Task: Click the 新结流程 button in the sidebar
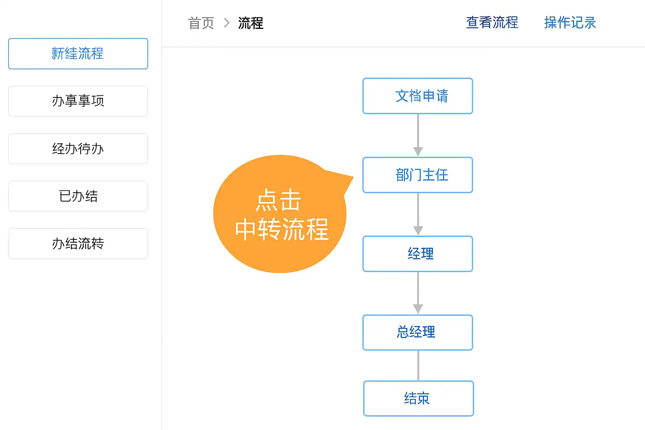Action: click(x=78, y=54)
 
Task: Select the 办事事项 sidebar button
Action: click(x=78, y=101)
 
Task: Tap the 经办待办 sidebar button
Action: click(x=78, y=149)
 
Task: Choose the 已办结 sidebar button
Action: click(x=78, y=196)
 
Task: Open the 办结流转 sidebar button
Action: click(x=78, y=244)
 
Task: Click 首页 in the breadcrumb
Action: click(x=201, y=23)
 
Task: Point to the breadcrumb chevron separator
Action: click(x=227, y=23)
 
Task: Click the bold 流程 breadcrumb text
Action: click(x=251, y=23)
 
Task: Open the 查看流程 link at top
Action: click(x=492, y=23)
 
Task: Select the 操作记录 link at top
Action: click(x=570, y=23)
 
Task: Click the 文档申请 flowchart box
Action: click(x=418, y=96)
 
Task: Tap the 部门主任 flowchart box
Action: click(x=418, y=175)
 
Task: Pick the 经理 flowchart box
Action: click(x=418, y=254)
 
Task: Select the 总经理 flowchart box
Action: click(x=418, y=332)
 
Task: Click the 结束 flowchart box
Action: click(x=418, y=399)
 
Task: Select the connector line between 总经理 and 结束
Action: click(x=418, y=365)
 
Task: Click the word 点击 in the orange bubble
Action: click(x=279, y=200)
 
